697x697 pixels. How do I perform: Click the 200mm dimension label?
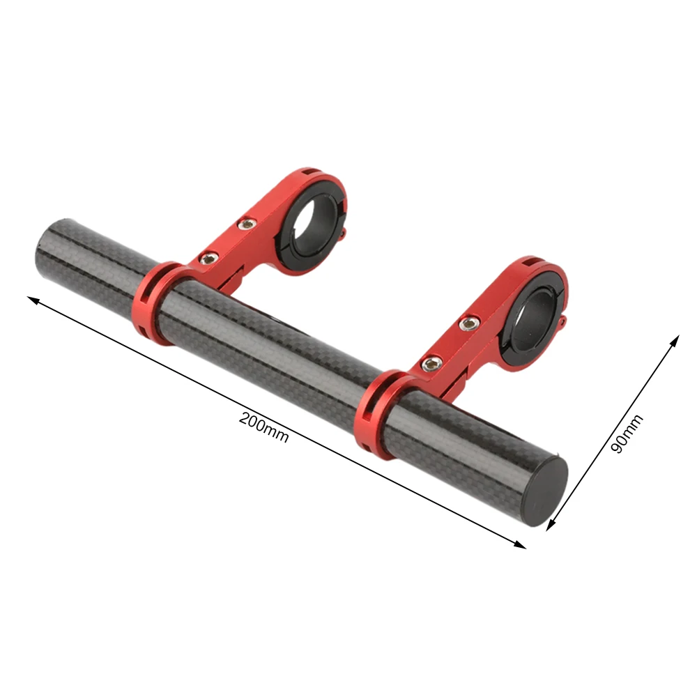(264, 427)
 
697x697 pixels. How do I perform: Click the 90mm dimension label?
(627, 434)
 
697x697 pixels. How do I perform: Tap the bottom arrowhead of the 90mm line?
(551, 525)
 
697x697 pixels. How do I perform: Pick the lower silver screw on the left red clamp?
(208, 259)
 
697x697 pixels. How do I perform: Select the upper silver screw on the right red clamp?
(469, 323)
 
